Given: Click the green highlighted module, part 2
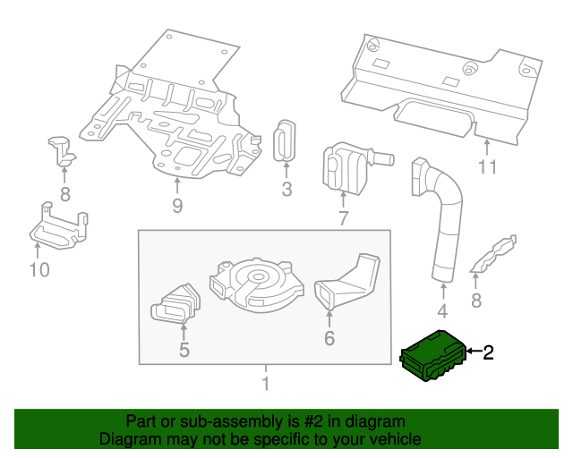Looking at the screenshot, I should (x=434, y=356).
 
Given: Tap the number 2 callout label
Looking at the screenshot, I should (x=488, y=353).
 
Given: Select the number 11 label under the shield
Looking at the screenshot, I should (x=486, y=166).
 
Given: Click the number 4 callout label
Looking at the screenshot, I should (x=442, y=312).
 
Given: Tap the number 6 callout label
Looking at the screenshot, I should (x=329, y=338).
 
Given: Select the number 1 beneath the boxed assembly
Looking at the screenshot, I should (x=264, y=385).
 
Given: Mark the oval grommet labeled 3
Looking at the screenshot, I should (x=285, y=141).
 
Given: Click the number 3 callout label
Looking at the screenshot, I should (x=286, y=190).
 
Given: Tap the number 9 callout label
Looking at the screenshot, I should (x=177, y=208).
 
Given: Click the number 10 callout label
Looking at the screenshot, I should (x=39, y=269).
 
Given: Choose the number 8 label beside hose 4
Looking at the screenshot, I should (x=476, y=301).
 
